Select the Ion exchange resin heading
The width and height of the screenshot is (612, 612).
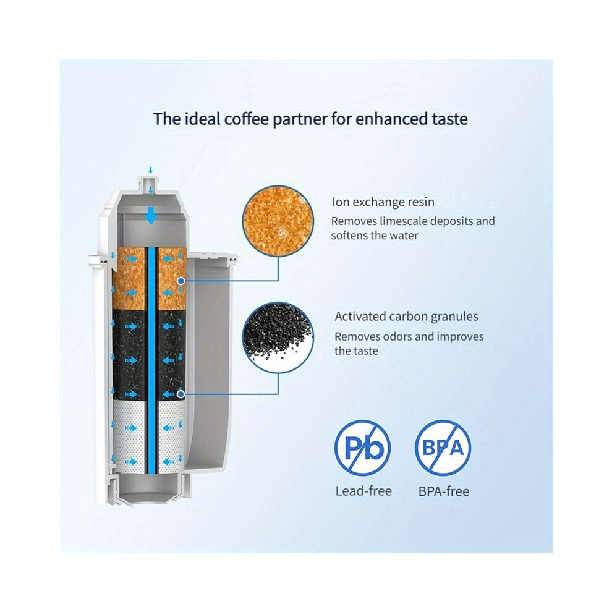point(383,202)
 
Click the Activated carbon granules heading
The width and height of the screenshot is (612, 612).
point(406,316)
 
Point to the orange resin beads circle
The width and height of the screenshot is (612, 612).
point(278,221)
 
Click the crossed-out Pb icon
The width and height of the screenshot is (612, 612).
point(363,448)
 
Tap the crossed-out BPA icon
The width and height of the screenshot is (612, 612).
point(443,448)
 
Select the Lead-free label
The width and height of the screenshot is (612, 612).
point(363,491)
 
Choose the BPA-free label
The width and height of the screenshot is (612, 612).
point(444,491)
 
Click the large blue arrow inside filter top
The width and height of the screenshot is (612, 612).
point(150,215)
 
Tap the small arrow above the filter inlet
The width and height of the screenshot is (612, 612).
point(150,171)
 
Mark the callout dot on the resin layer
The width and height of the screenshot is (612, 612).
point(181,281)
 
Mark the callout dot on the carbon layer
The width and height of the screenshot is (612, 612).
point(181,394)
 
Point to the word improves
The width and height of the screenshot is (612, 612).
point(460,336)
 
